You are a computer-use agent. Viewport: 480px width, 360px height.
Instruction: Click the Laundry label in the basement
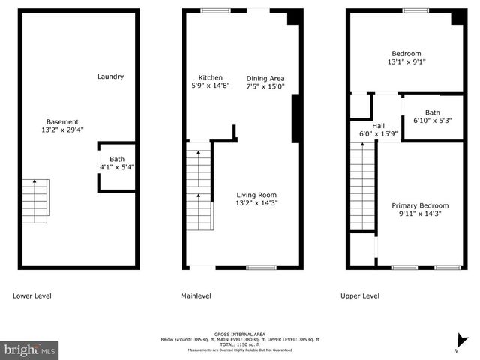[110, 76]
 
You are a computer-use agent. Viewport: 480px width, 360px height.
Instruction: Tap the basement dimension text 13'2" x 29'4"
[62, 130]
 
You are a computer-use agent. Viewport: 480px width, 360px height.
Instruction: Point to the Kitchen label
[210, 78]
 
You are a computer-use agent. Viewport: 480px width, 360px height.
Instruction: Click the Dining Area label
[265, 78]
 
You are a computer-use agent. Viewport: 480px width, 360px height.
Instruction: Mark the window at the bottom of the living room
[261, 267]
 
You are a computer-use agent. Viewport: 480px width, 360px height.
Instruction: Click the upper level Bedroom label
[406, 54]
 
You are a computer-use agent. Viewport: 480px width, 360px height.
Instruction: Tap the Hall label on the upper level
[378, 126]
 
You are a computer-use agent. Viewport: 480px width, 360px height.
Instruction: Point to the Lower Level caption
[32, 295]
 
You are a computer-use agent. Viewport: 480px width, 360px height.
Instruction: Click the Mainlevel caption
[196, 295]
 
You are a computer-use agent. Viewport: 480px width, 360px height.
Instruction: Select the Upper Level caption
[361, 295]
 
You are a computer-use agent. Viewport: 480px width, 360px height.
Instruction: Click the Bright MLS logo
[30, 349]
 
